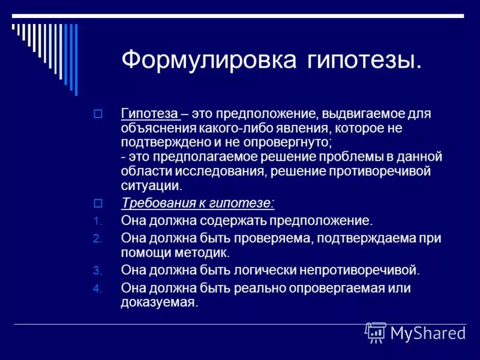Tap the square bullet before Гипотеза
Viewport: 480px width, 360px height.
(x=99, y=113)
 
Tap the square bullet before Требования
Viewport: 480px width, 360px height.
(x=99, y=202)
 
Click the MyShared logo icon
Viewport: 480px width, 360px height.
(x=376, y=332)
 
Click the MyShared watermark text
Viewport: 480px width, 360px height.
(x=427, y=333)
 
